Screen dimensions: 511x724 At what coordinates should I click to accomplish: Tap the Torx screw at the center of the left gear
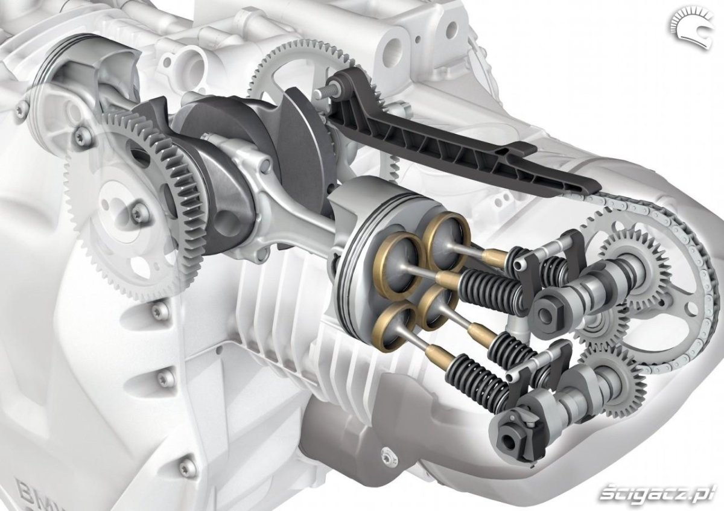pos(141,212)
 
